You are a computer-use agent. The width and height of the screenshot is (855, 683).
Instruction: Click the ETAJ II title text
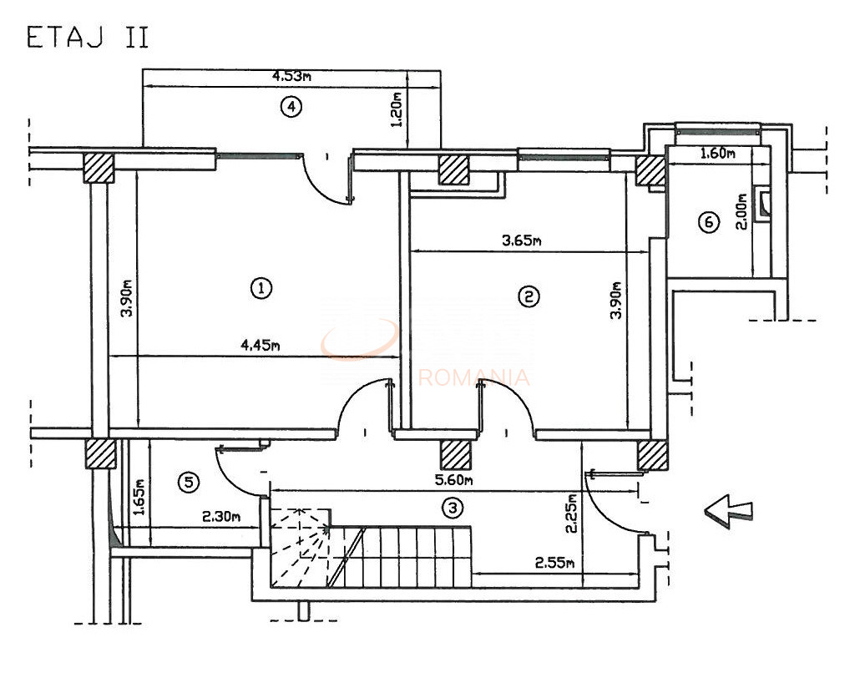pyautogui.click(x=88, y=39)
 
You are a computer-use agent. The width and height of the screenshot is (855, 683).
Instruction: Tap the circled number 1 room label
pyautogui.click(x=261, y=288)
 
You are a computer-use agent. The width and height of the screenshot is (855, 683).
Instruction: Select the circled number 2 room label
pyautogui.click(x=529, y=296)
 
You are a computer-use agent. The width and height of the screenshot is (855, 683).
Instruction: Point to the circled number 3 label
pyautogui.click(x=453, y=506)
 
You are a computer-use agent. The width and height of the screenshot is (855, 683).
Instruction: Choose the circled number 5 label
pyautogui.click(x=190, y=481)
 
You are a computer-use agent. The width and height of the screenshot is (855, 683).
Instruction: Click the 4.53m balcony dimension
pyautogui.click(x=291, y=77)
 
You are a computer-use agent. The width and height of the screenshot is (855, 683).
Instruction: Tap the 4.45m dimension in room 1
pyautogui.click(x=259, y=347)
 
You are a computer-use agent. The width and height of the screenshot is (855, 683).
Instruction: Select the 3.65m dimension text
pyautogui.click(x=521, y=241)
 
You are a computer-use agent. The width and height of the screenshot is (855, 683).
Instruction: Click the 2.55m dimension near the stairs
pyautogui.click(x=554, y=563)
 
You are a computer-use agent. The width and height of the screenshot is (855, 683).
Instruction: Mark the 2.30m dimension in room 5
pyautogui.click(x=221, y=517)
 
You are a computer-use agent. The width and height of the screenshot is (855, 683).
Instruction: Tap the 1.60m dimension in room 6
pyautogui.click(x=716, y=153)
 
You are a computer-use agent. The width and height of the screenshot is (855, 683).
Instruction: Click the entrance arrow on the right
pyautogui.click(x=728, y=509)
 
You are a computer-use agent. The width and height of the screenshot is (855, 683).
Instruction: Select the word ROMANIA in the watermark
pyautogui.click(x=473, y=377)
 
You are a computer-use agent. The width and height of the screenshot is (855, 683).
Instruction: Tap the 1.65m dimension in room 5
pyautogui.click(x=139, y=498)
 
